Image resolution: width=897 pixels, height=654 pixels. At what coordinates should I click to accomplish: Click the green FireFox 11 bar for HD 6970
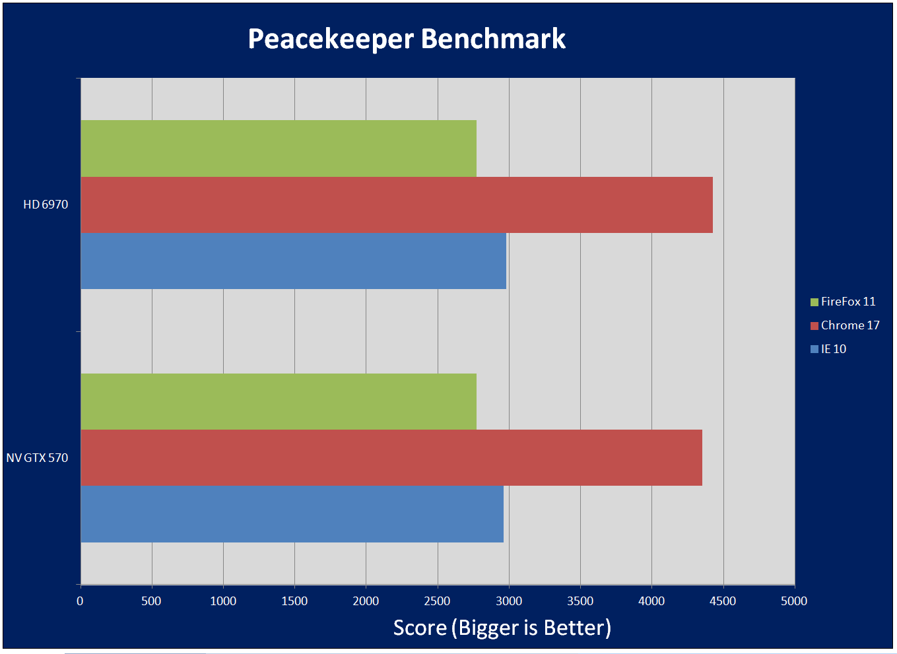click(x=279, y=148)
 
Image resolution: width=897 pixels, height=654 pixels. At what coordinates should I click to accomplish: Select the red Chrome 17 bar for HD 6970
click(x=396, y=205)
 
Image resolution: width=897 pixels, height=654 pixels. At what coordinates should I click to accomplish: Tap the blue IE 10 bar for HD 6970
click(x=293, y=261)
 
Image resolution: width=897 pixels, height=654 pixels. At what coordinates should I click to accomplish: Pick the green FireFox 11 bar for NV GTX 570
click(x=279, y=401)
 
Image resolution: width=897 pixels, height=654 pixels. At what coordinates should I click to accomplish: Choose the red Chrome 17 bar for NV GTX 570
click(x=391, y=457)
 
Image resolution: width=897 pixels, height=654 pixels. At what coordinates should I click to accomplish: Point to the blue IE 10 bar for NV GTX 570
click(x=292, y=514)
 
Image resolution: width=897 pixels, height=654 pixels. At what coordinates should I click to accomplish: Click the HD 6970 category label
click(x=46, y=205)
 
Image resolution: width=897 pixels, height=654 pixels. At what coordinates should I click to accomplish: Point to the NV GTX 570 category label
click(x=38, y=458)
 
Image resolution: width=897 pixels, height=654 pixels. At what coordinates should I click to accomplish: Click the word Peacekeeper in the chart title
click(x=331, y=40)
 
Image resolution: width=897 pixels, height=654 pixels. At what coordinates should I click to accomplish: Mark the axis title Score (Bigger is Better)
click(x=502, y=628)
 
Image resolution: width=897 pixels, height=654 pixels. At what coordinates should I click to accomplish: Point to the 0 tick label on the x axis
click(x=80, y=601)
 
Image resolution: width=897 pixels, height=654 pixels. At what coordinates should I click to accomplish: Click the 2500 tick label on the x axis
click(x=437, y=601)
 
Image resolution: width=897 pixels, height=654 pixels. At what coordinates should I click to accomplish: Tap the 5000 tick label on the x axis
click(x=794, y=601)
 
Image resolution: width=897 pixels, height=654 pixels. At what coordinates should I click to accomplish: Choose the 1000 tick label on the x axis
click(x=223, y=601)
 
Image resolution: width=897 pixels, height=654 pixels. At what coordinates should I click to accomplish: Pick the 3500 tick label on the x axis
click(x=580, y=601)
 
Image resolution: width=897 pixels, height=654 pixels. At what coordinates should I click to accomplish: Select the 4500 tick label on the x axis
click(x=723, y=601)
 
